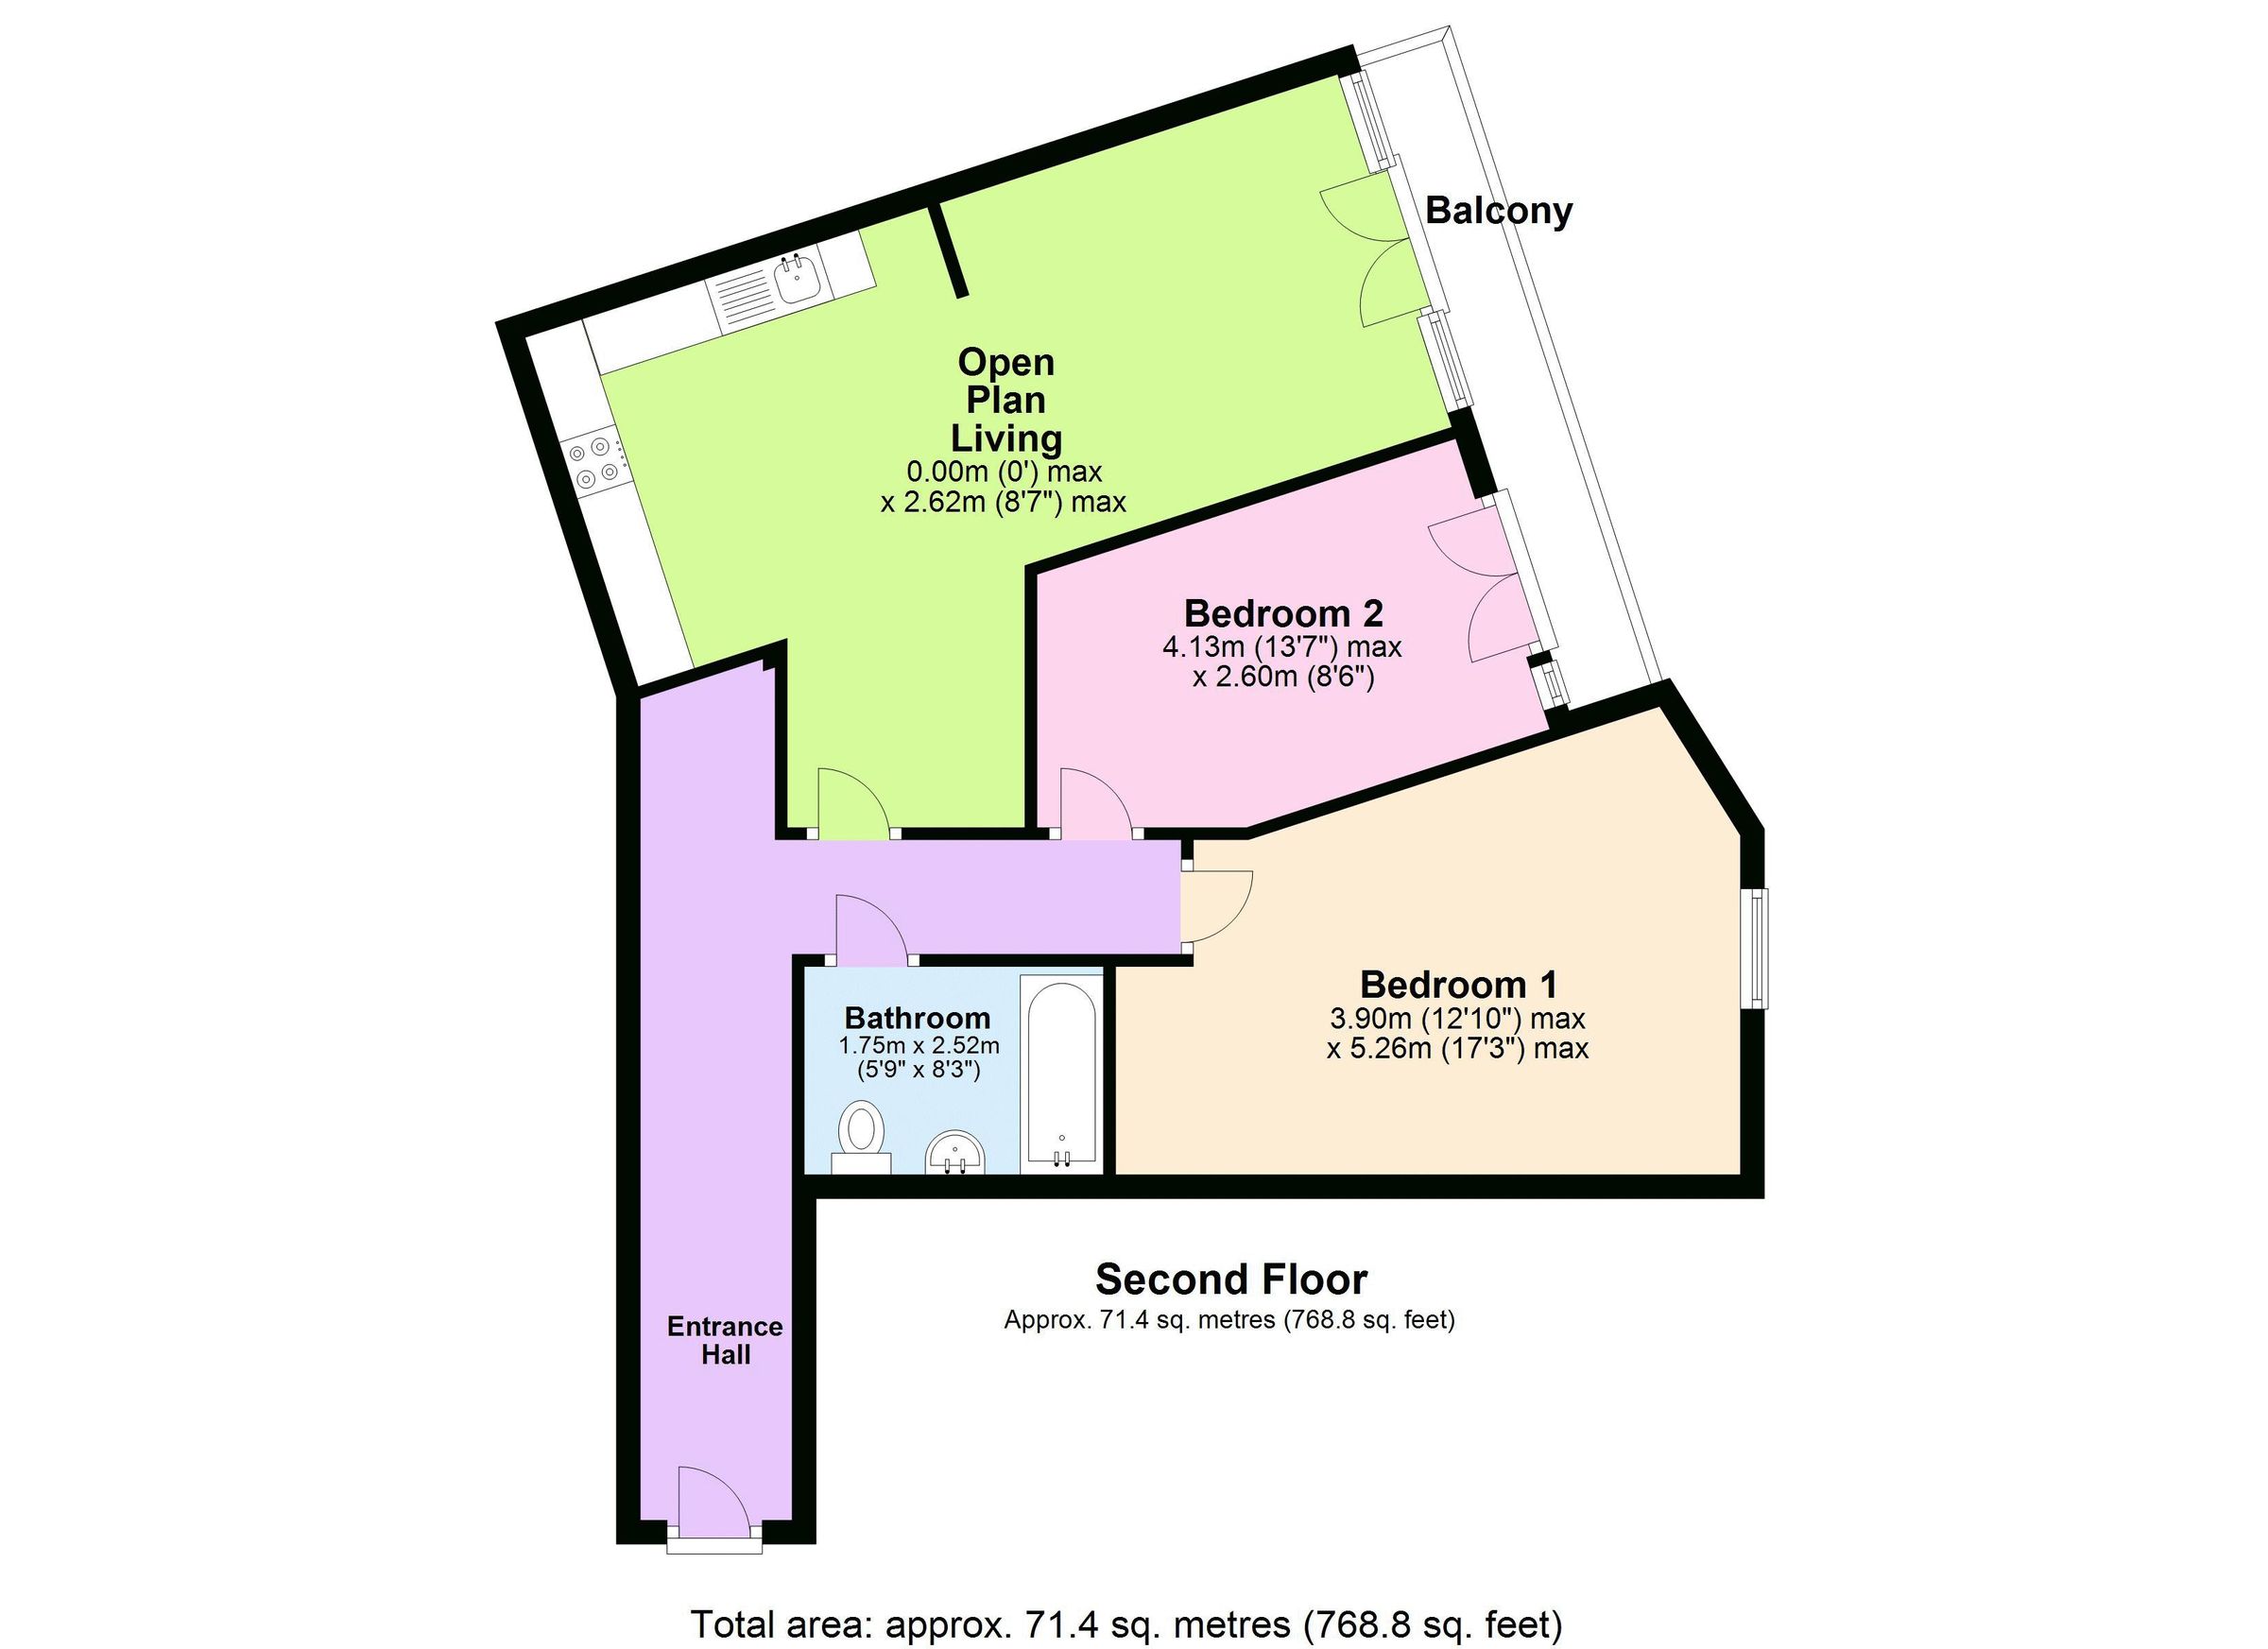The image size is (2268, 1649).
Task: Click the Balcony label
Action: tap(1497, 211)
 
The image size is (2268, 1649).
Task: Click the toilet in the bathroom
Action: tap(860, 1137)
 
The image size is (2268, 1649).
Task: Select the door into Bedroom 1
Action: tap(1215, 906)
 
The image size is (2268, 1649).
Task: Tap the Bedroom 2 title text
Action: tap(1283, 613)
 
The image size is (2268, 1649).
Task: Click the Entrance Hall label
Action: tap(725, 1340)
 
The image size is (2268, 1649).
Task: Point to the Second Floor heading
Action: tap(1231, 1279)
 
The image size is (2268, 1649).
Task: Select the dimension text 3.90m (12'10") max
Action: tap(1456, 1019)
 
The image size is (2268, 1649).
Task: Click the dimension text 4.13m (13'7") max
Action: tap(1281, 647)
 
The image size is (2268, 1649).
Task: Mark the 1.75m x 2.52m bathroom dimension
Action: tap(918, 1046)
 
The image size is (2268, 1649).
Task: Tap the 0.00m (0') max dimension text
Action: tap(1003, 471)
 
